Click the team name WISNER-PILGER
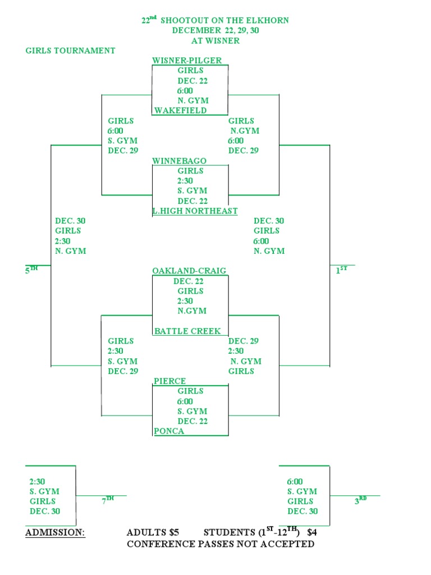pyautogui.click(x=187, y=61)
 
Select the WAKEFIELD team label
pyautogui.click(x=181, y=111)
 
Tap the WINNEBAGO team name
pyautogui.click(x=180, y=161)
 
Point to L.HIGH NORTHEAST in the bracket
pyautogui.click(x=195, y=211)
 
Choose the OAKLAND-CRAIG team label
pyautogui.click(x=189, y=271)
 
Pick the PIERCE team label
pyautogui.click(x=170, y=381)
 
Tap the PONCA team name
pyautogui.click(x=169, y=431)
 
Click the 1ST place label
pyautogui.click(x=341, y=270)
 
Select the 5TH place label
pyautogui.click(x=31, y=270)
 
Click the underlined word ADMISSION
pyautogui.click(x=55, y=532)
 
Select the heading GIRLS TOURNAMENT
pyautogui.click(x=70, y=51)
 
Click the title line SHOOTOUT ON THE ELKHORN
pyautogui.click(x=224, y=20)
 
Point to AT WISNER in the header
pyautogui.click(x=215, y=40)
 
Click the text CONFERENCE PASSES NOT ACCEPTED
pyautogui.click(x=221, y=544)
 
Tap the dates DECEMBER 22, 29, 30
pyautogui.click(x=215, y=30)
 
